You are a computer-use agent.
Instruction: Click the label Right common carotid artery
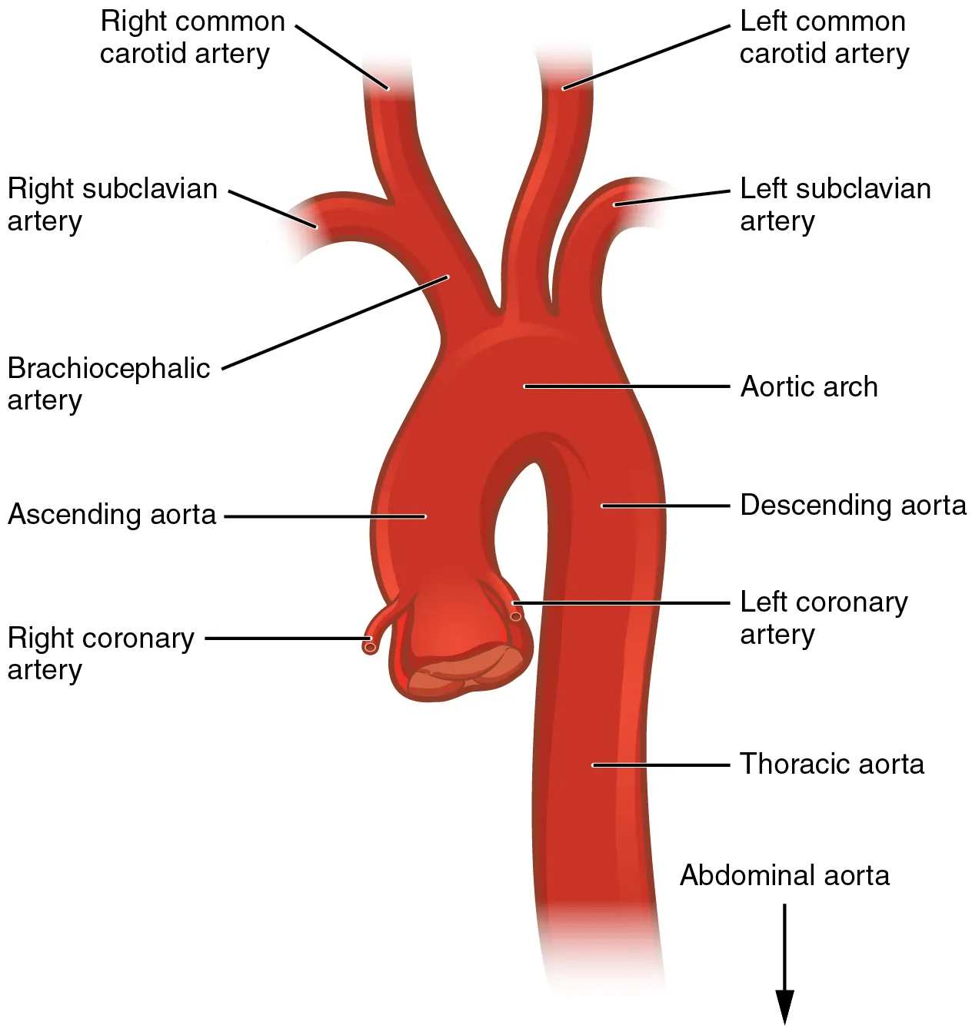[x=191, y=37]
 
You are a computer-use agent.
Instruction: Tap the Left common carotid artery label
[x=824, y=37]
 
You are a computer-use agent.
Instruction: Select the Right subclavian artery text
[x=112, y=204]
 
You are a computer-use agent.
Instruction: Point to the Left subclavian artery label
[x=835, y=204]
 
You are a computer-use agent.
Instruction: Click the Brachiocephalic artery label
[x=108, y=384]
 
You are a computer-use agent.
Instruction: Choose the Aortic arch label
[x=809, y=386]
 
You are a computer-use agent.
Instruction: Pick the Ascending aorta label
[x=112, y=514]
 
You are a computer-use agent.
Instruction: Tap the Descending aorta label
[x=853, y=505]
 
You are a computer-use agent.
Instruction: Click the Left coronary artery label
[x=824, y=618]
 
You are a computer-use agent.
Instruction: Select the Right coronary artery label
[x=101, y=653]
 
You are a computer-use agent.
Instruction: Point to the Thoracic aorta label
[x=832, y=764]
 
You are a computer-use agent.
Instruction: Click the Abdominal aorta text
[x=784, y=875]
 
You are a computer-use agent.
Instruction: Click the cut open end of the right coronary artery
[x=370, y=647]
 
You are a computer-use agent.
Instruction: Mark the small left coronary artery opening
[x=516, y=616]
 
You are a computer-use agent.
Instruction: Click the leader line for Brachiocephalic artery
[x=335, y=323]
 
